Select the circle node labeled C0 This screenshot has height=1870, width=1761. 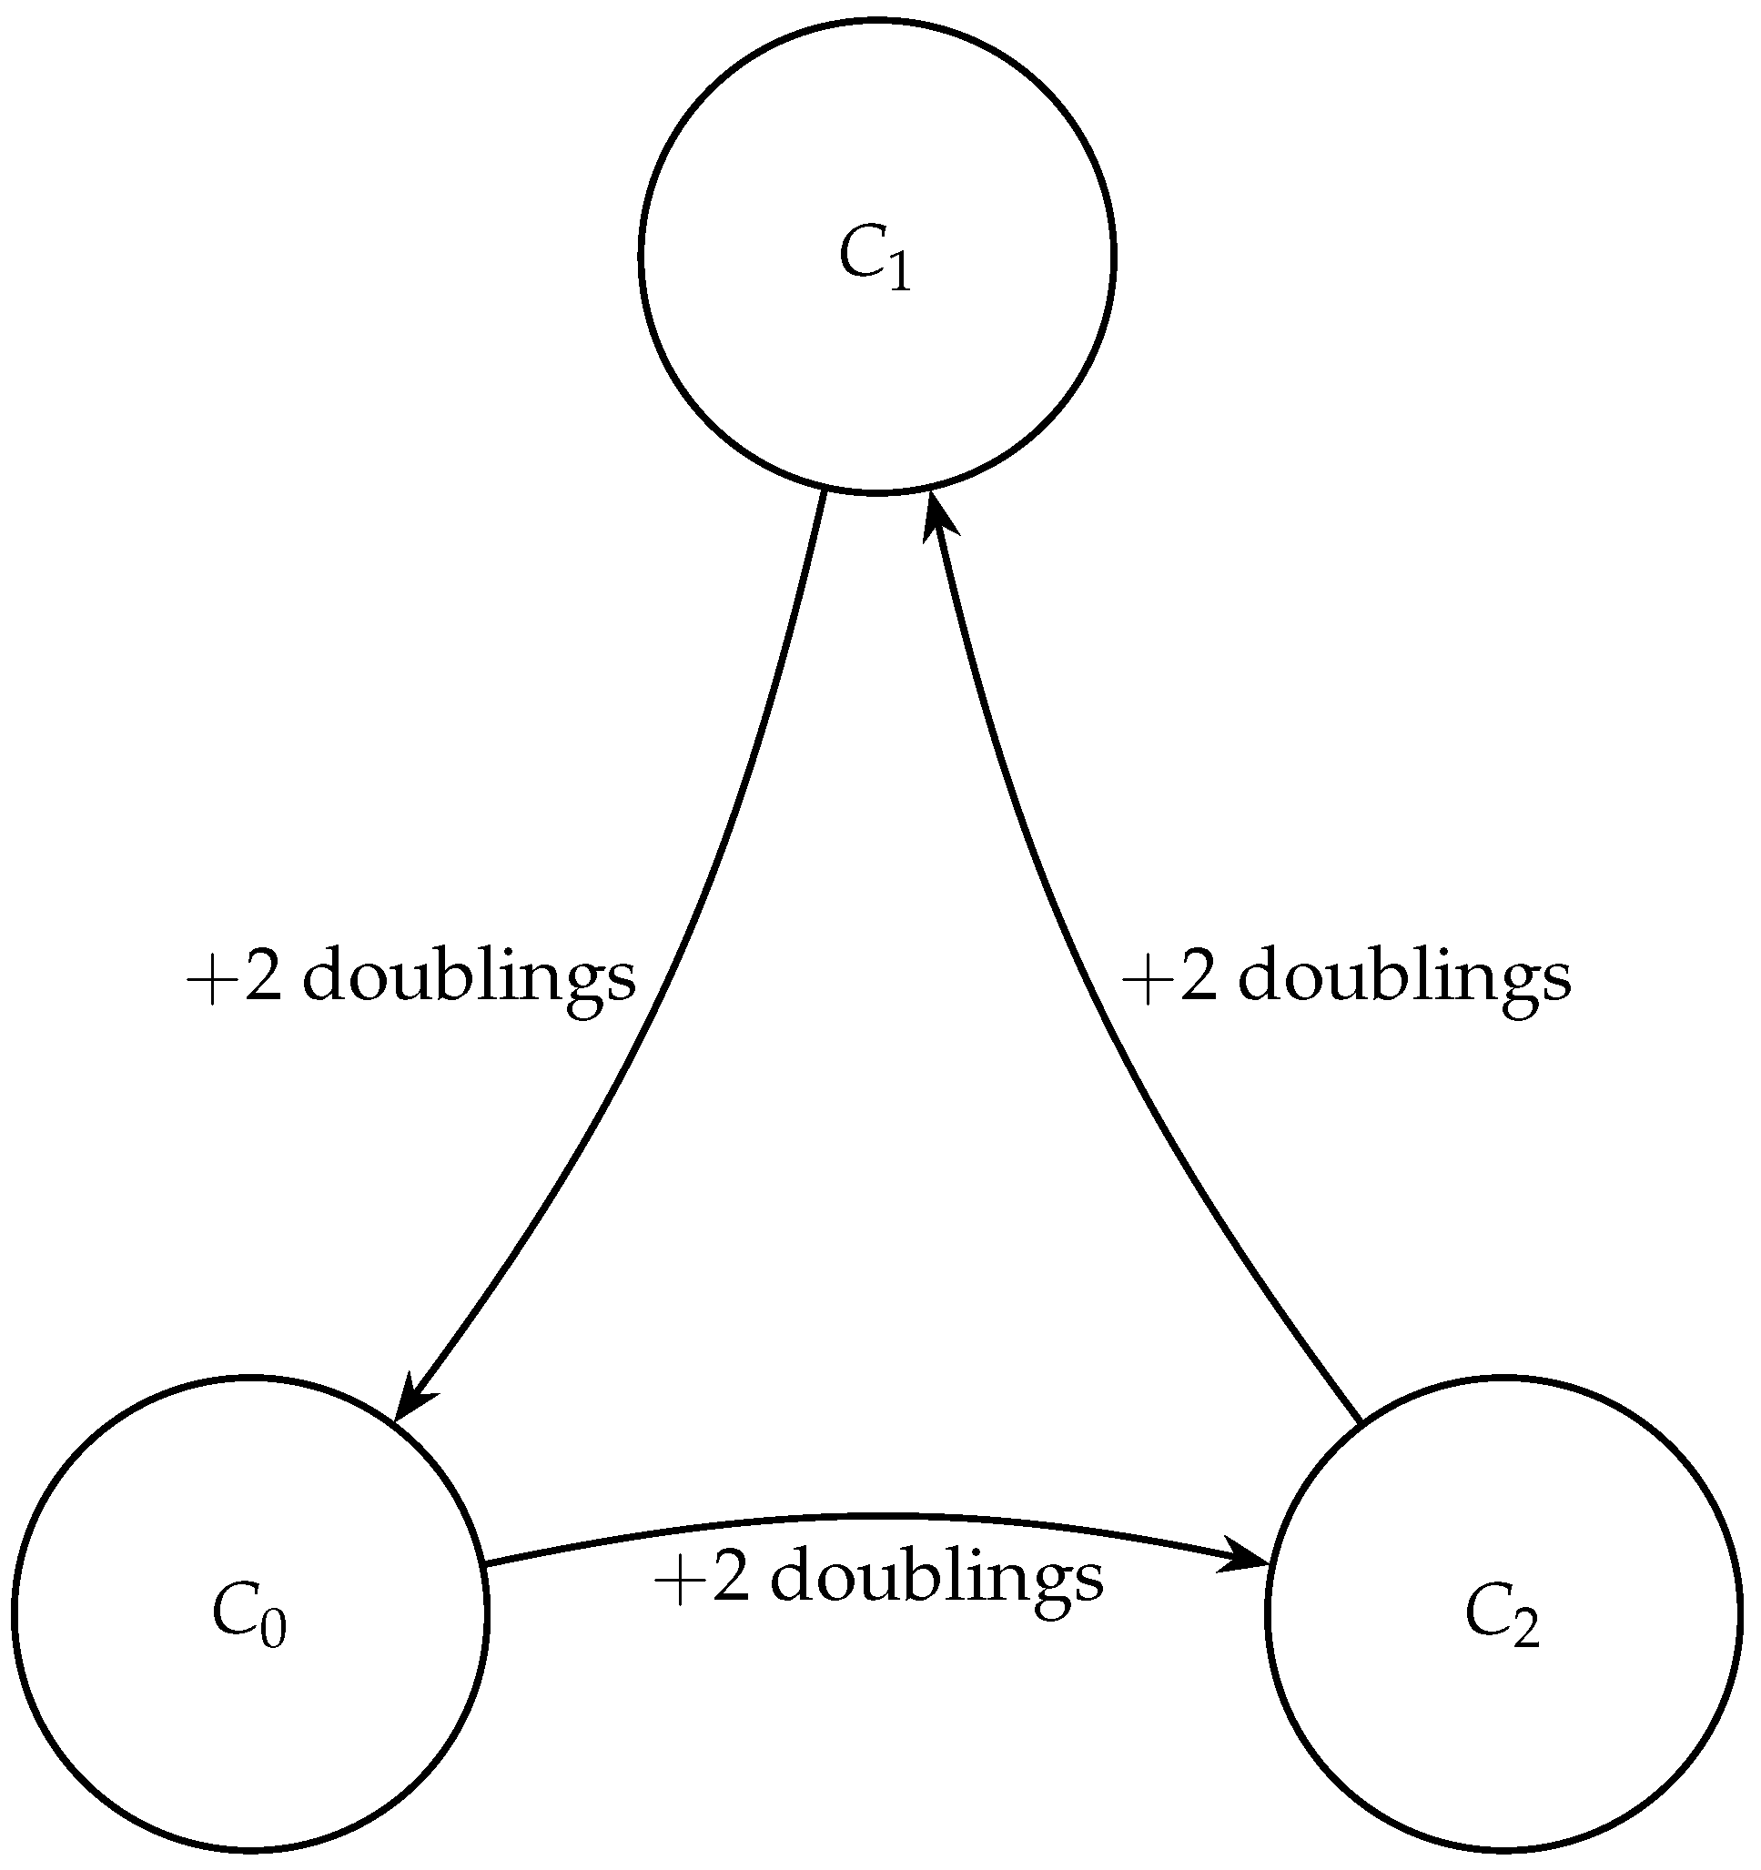click(250, 1731)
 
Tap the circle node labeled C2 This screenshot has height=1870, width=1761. click(1503, 1731)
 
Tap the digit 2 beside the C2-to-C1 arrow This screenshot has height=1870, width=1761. click(1199, 978)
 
